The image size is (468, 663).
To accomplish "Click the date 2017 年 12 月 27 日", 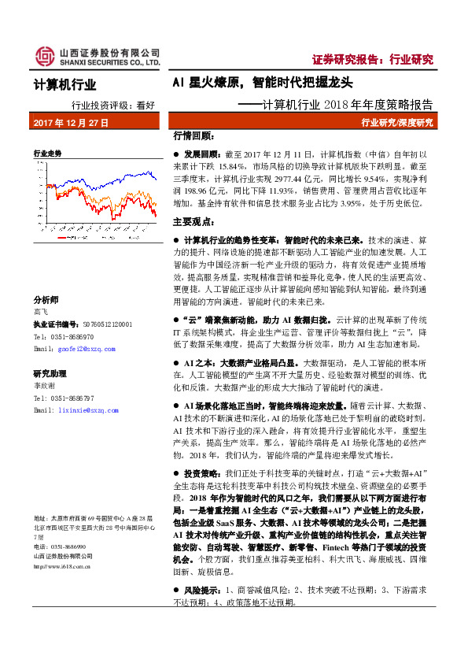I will tap(71, 124).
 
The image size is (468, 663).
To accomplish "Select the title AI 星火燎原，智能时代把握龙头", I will tap(263, 82).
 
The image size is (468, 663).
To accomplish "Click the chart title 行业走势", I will tap(46, 153).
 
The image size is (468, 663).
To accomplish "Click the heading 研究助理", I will tap(49, 374).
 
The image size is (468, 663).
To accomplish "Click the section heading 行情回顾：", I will tap(192, 135).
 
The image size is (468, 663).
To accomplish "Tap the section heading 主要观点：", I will tap(192, 223).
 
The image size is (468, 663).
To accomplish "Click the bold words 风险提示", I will tap(202, 590).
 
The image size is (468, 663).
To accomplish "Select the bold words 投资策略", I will tap(202, 475).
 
